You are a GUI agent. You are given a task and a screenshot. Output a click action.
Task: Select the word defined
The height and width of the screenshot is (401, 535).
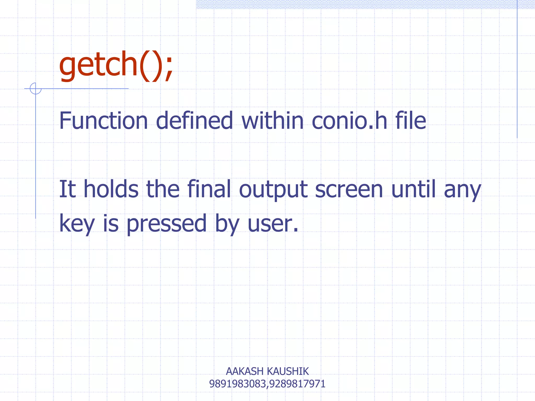pos(194,121)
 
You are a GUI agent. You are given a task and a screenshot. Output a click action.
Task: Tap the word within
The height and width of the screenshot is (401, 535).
pos(272,121)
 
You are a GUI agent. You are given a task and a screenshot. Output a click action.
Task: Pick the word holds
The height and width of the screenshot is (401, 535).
pos(111,189)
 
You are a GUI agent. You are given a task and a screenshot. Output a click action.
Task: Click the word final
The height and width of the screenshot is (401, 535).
pos(209,189)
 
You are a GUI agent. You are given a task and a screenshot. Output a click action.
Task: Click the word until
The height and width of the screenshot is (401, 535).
pos(414,189)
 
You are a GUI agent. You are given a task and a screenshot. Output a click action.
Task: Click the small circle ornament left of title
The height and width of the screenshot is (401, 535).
pos(36,88)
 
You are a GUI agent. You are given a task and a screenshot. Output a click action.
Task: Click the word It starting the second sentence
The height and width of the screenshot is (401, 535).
pos(67,189)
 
